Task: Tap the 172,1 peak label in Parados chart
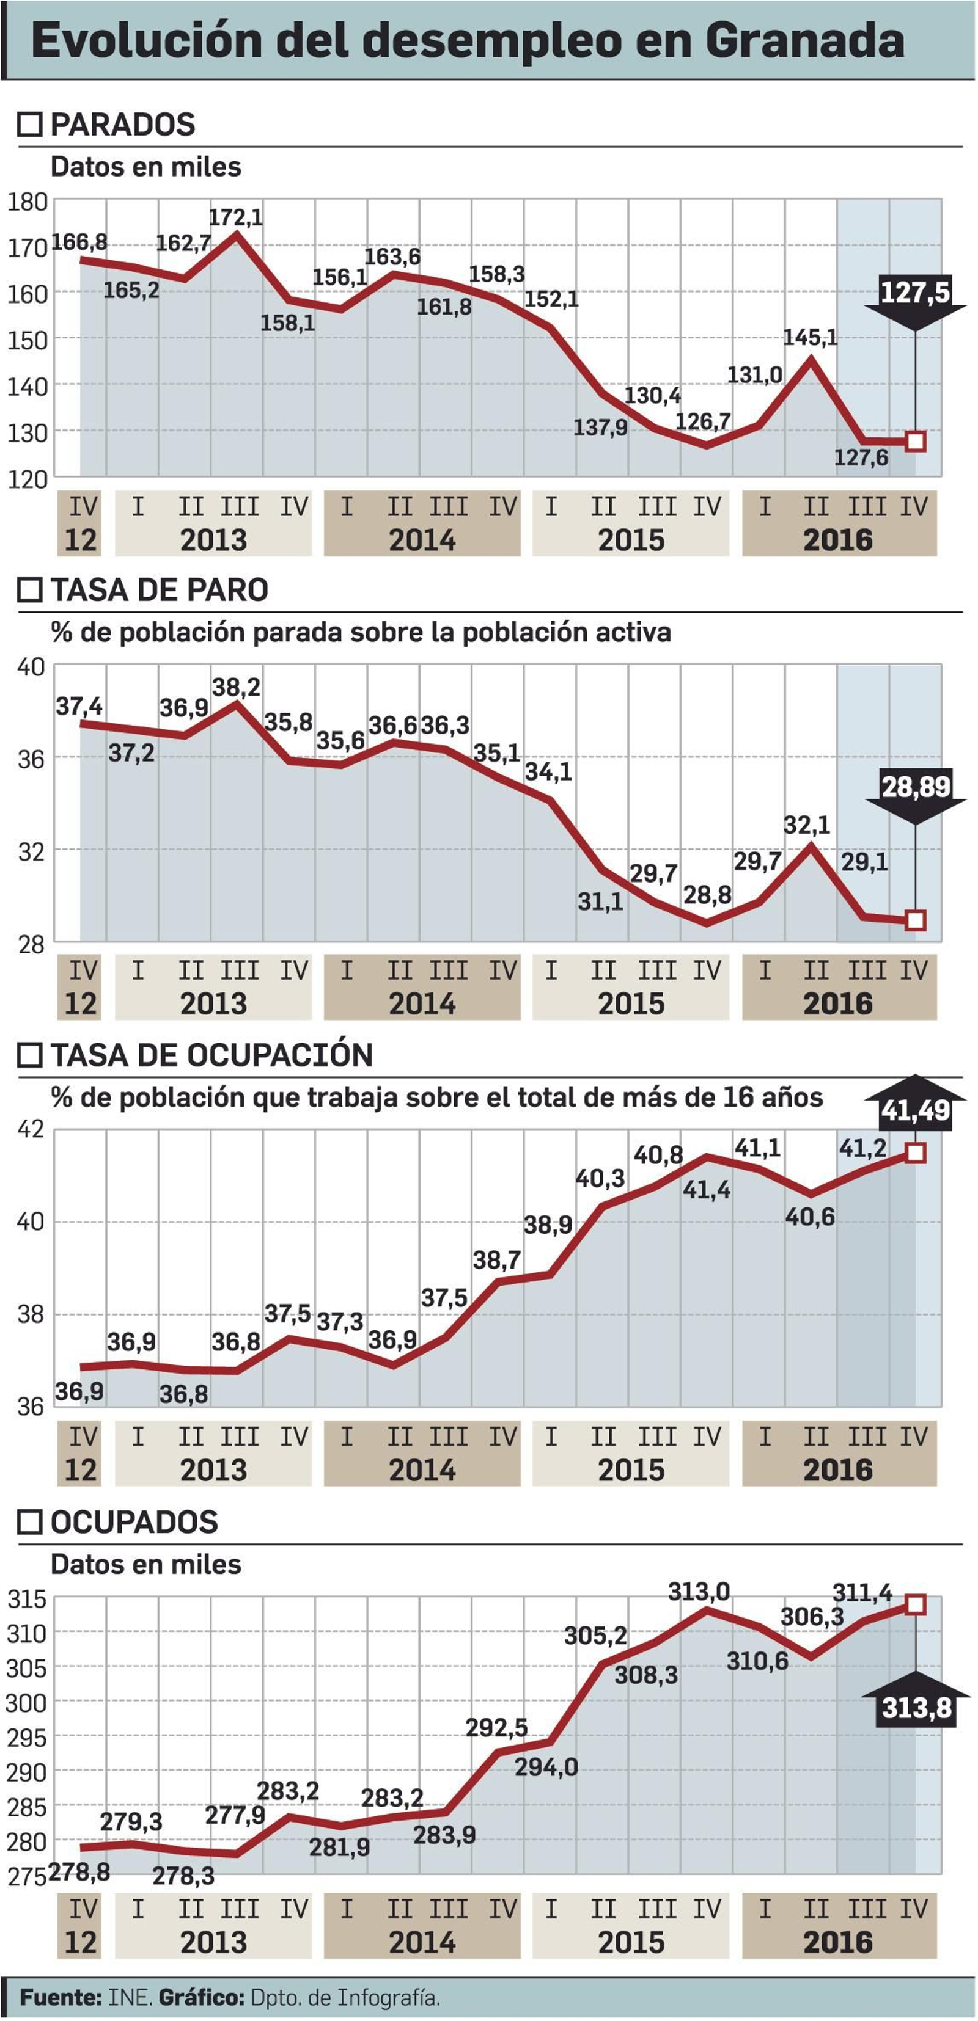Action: pos(235,217)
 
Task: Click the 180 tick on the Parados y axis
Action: pos(28,202)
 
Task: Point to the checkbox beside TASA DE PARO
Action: pos(30,590)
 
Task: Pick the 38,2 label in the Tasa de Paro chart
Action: pos(237,687)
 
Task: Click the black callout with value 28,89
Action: pos(915,786)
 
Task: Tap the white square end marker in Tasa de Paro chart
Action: pos(915,920)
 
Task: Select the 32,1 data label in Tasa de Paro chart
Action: pos(807,825)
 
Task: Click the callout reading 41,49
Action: pos(915,1110)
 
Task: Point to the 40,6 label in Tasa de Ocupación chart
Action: pos(809,1218)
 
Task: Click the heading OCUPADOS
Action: pos(134,1522)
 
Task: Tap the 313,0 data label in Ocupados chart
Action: pos(699,1592)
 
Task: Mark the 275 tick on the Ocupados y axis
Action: pos(26,1877)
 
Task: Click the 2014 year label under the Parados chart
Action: pos(422,541)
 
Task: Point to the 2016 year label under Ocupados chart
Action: pos(837,1943)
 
